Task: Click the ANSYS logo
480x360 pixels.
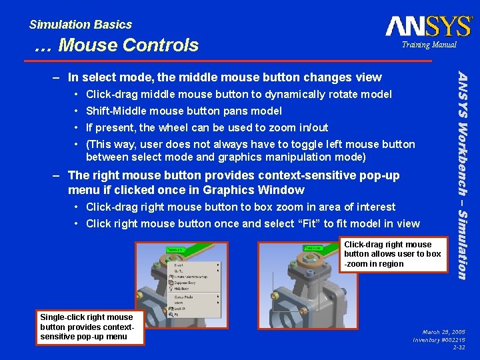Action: [428, 26]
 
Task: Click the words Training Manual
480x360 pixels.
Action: [429, 45]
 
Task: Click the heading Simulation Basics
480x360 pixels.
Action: [81, 25]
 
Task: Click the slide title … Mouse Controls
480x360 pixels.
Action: [116, 45]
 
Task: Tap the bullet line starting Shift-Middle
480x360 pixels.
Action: [184, 111]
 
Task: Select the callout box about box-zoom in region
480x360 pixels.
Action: [392, 254]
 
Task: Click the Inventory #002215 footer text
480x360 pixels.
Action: [439, 339]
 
